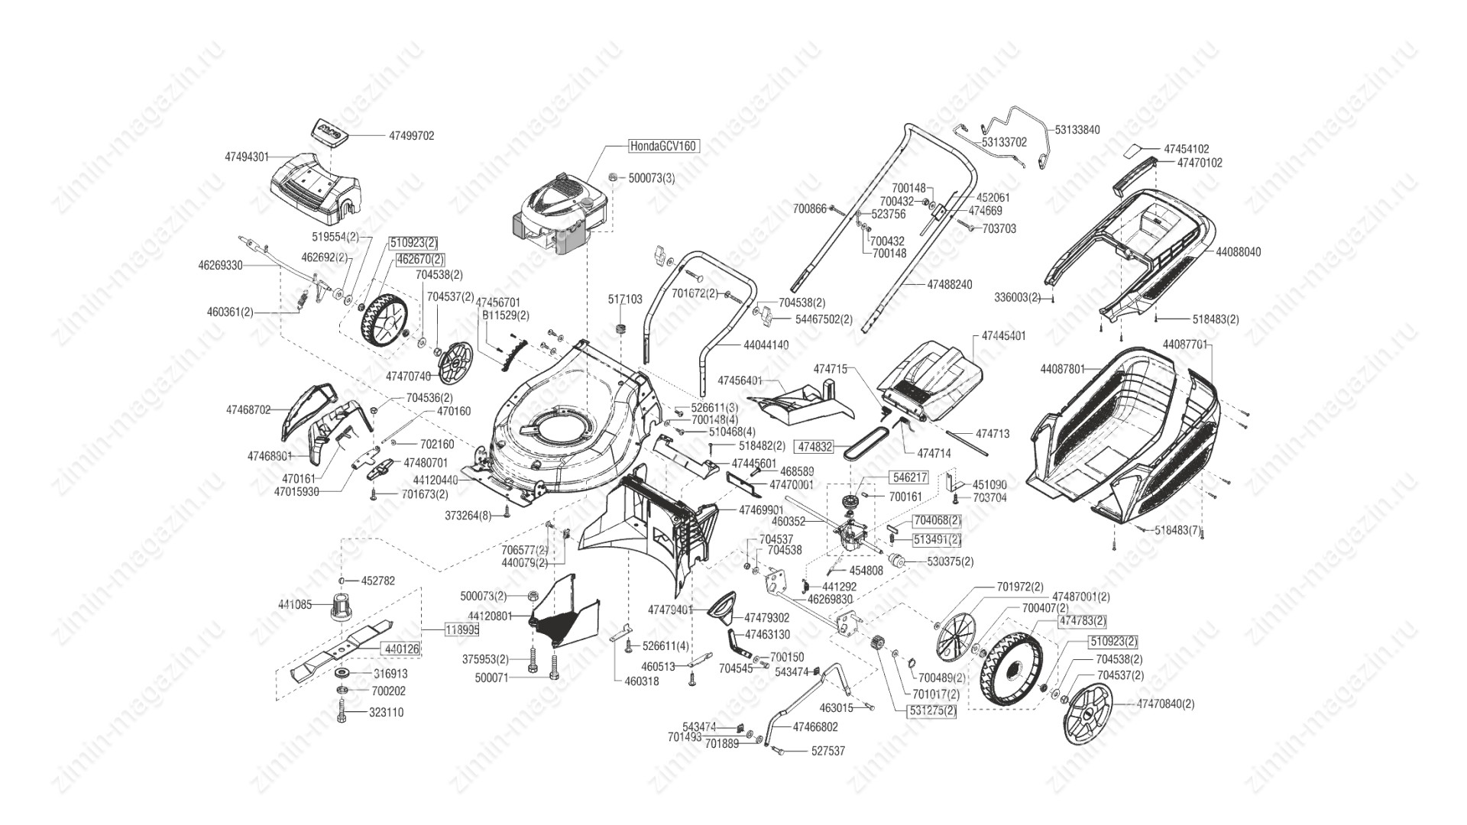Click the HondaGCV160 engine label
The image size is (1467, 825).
coord(663,145)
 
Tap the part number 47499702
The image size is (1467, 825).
coord(411,136)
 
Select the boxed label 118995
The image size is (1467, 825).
coord(462,630)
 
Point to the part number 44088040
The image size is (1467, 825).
coord(1238,251)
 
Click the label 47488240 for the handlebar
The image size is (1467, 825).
coord(950,284)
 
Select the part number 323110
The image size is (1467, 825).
coord(387,713)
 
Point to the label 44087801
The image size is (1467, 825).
coord(1062,369)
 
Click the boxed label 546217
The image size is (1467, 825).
coord(909,477)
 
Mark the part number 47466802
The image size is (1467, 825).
coord(815,727)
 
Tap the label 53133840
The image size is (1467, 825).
coord(1077,130)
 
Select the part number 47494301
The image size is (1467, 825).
coord(247,157)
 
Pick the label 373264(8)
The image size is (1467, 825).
coord(468,516)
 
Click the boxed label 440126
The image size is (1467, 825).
coord(401,649)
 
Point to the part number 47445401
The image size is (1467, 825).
coord(1003,336)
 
